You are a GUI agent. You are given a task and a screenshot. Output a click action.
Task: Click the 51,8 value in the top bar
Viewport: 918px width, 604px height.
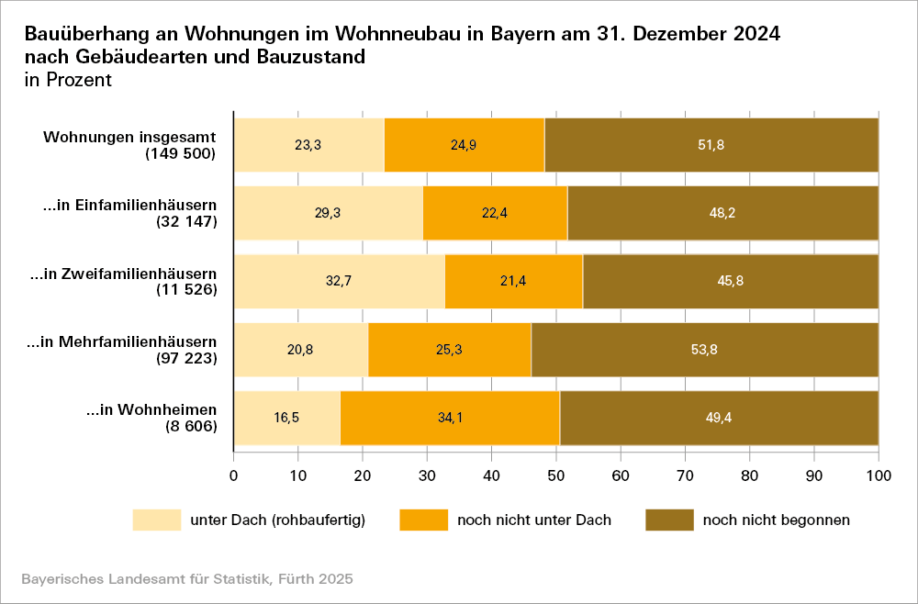click(711, 145)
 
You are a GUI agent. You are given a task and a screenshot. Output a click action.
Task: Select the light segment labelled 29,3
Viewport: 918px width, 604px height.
click(328, 213)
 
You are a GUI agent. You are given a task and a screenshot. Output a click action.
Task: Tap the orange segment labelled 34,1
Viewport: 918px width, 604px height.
click(450, 418)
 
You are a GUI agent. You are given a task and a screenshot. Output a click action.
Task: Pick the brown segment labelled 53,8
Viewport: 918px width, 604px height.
click(704, 350)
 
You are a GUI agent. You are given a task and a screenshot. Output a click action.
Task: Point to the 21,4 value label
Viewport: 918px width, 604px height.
click(513, 281)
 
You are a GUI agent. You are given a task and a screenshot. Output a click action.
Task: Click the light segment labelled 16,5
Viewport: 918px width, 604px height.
click(286, 418)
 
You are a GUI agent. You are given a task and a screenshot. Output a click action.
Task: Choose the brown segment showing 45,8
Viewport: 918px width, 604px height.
click(730, 281)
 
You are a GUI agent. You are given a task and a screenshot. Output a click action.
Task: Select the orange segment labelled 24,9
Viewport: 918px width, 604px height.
click(464, 145)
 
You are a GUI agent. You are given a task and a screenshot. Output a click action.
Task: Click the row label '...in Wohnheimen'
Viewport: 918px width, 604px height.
click(151, 409)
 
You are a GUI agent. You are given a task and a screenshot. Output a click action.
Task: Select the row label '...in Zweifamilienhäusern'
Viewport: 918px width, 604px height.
click(124, 274)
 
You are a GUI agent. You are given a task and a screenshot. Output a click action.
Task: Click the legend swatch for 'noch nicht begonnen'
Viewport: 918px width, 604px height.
click(669, 520)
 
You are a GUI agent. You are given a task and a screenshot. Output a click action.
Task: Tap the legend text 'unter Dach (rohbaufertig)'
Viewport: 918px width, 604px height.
click(278, 520)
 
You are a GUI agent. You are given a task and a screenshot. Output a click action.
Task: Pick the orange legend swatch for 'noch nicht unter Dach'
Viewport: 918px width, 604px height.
click(423, 520)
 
